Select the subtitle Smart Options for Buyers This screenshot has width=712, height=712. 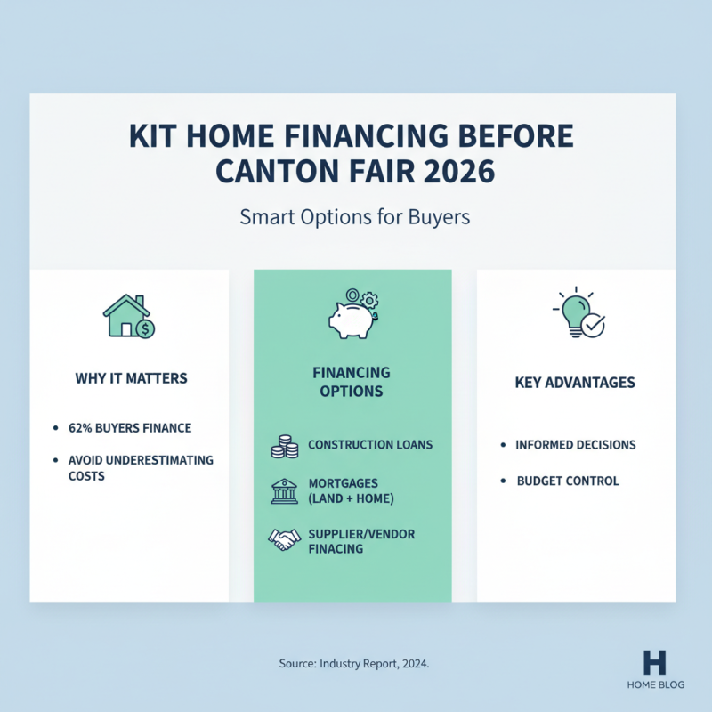pyautogui.click(x=355, y=217)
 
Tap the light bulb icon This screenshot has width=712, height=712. pyautogui.click(x=578, y=313)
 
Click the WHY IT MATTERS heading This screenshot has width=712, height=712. pyautogui.click(x=131, y=378)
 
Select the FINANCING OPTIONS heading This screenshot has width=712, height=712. pyautogui.click(x=352, y=382)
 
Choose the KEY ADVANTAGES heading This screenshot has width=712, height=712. pyautogui.click(x=575, y=383)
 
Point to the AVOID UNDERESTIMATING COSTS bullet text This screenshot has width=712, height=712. pyautogui.click(x=141, y=468)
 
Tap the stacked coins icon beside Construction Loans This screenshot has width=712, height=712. pyautogui.click(x=283, y=446)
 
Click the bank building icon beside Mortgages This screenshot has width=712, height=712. pyautogui.click(x=283, y=490)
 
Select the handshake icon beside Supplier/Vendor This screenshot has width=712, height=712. pyautogui.click(x=284, y=538)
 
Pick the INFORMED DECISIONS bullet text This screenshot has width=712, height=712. pyautogui.click(x=576, y=445)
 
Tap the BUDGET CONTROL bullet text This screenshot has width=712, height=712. pyautogui.click(x=568, y=481)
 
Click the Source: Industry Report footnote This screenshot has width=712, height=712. pyautogui.click(x=354, y=664)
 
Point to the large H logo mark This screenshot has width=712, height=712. pyautogui.click(x=654, y=660)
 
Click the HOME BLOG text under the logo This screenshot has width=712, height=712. pyautogui.click(x=654, y=685)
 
